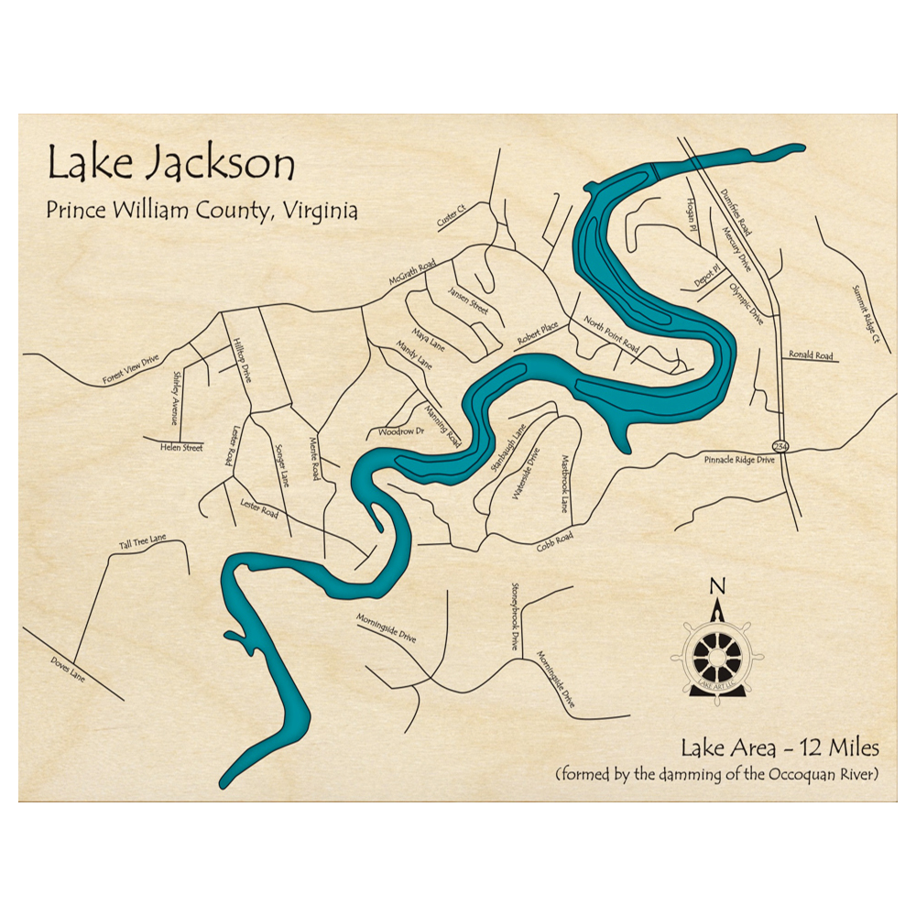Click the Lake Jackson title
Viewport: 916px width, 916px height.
[x=171, y=165]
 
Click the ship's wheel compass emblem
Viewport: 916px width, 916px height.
[x=717, y=653]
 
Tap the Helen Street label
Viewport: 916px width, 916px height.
[x=180, y=447]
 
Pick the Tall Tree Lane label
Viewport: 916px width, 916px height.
[x=142, y=543]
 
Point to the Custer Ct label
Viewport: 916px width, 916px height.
[x=452, y=216]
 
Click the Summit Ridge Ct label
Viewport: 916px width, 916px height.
[x=865, y=312]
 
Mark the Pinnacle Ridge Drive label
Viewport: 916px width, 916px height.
[x=740, y=460]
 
